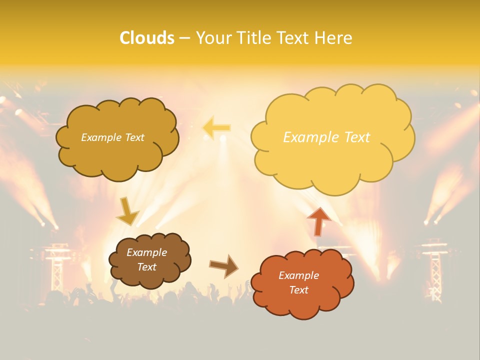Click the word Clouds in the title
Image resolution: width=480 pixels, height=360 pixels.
point(146,38)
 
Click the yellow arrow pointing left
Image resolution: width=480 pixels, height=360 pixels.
point(216,128)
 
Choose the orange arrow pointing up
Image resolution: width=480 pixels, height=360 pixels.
point(318,221)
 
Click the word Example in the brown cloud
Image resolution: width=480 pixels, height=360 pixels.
point(146,252)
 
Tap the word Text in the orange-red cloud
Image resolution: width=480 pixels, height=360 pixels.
point(298,290)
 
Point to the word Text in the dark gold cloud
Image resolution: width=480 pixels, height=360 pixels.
point(133,137)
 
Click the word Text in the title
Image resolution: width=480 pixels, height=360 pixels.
point(293,38)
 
